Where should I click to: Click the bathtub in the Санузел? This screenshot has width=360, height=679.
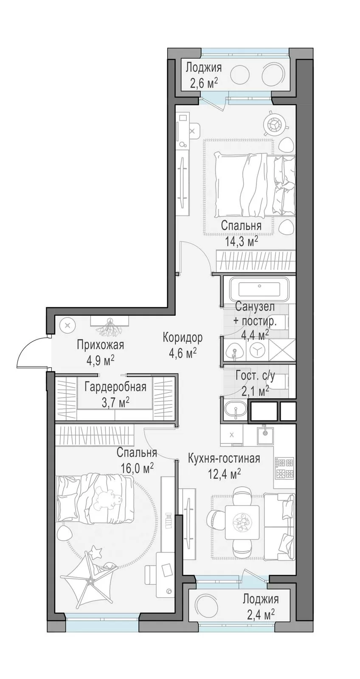(x=259, y=289)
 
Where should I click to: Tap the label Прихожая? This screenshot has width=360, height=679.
(x=100, y=345)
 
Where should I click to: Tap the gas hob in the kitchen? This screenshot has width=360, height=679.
(x=284, y=467)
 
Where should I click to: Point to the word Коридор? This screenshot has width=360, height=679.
(x=182, y=337)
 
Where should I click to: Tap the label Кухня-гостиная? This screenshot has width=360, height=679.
(x=224, y=458)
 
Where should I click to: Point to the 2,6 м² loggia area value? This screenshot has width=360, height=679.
(x=203, y=82)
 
